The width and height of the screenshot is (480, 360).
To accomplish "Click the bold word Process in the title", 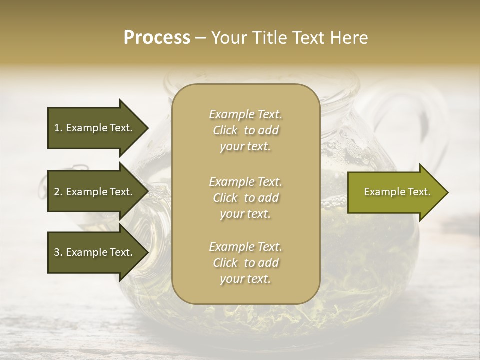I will [x=157, y=38].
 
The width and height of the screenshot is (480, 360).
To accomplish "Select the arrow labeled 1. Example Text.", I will [x=95, y=128].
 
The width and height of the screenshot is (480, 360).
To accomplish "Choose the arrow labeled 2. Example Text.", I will [x=95, y=192].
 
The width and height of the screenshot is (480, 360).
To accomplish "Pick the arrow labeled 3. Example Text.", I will [x=95, y=252].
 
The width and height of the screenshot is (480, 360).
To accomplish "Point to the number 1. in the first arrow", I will [x=58, y=128].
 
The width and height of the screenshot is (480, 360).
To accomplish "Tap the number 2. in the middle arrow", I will [x=58, y=192].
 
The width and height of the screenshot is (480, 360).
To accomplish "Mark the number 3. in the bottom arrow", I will [x=58, y=252].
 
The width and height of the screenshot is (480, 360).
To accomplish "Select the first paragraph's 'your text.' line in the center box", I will [x=245, y=147].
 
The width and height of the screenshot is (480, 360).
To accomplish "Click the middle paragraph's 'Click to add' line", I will [x=245, y=198].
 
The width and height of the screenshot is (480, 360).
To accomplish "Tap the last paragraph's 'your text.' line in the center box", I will [x=245, y=279].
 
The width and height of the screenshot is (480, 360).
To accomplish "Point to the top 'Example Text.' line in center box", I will [x=245, y=114].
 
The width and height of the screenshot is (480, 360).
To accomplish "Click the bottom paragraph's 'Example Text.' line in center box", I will [x=245, y=247].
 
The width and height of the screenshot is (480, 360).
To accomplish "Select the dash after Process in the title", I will [x=200, y=38].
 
